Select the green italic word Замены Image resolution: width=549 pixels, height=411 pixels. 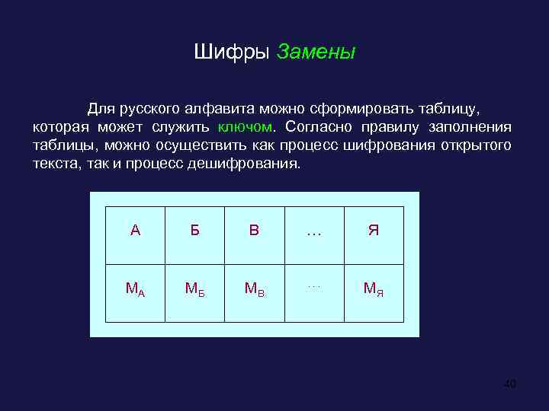click(x=316, y=53)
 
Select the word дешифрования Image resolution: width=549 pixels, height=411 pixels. click(x=252, y=164)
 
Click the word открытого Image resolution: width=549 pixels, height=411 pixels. click(x=477, y=145)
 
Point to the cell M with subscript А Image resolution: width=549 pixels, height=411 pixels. click(x=135, y=288)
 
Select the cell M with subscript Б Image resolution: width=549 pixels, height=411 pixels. click(x=194, y=288)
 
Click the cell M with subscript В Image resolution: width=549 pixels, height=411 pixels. click(x=254, y=288)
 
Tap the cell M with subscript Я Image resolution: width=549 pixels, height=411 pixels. click(x=374, y=288)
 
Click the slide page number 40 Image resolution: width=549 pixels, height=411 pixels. click(x=510, y=384)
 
